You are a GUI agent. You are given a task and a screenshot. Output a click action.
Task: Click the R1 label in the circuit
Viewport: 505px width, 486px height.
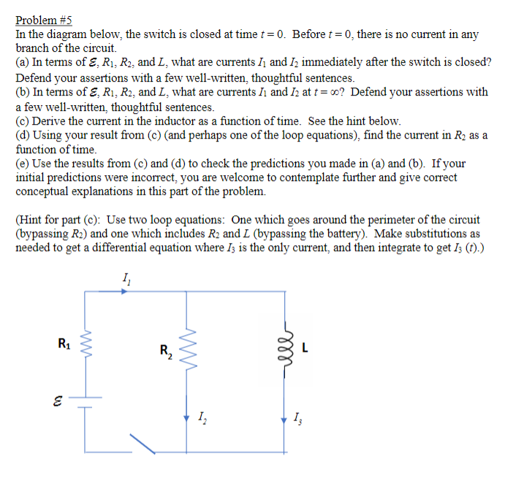point(64,341)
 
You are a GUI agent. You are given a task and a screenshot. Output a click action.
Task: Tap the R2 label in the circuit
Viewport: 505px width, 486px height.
point(167,351)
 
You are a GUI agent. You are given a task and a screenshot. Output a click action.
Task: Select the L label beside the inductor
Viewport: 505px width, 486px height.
point(305,347)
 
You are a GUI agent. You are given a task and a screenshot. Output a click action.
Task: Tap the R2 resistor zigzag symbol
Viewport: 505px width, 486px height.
point(189,346)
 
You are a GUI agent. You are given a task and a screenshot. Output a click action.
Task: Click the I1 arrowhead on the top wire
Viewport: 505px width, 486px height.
point(125,290)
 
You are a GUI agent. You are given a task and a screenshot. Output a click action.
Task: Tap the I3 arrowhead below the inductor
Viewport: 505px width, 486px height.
point(286,420)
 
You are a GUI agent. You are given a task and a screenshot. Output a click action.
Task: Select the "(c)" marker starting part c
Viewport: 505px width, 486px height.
point(23,120)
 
